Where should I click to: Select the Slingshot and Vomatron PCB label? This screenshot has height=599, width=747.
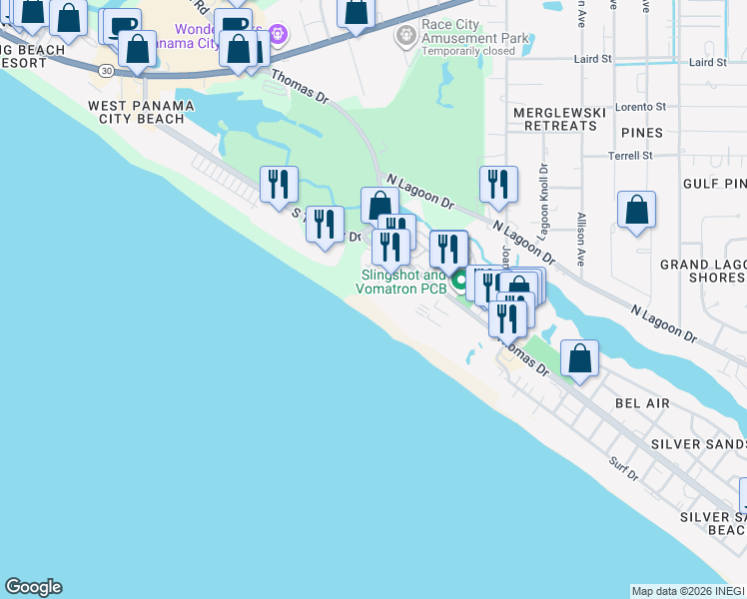400,282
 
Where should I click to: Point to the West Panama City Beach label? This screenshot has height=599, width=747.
136,112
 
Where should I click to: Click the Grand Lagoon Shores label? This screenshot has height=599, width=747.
703,271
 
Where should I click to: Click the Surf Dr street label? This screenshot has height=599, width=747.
622,465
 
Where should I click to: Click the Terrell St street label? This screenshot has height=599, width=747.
630,156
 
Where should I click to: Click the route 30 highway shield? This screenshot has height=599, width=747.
106,69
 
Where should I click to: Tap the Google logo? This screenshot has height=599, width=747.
33,587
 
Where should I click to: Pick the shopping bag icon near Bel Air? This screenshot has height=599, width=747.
579,358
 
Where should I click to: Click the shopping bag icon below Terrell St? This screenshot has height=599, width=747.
636,211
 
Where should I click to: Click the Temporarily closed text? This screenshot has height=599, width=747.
468,51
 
